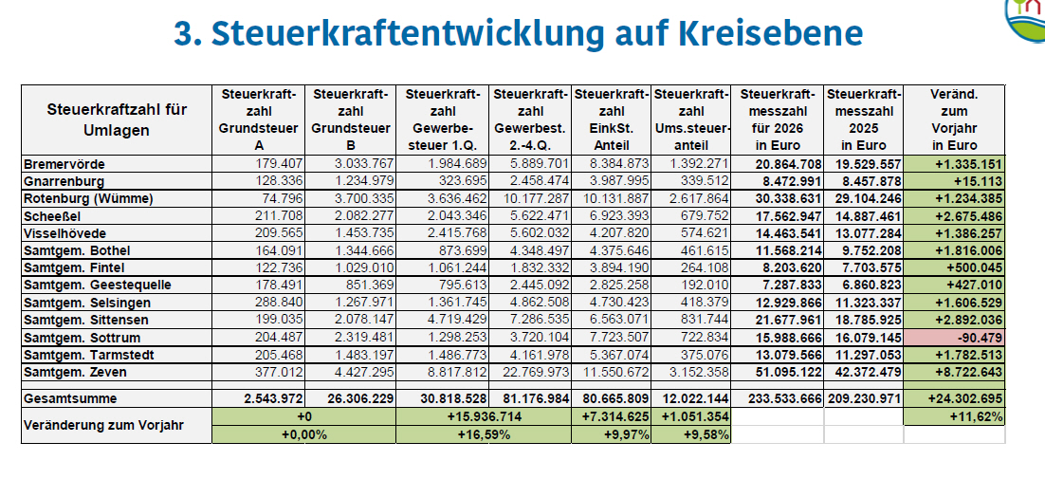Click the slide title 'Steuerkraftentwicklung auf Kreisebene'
pos(518,33)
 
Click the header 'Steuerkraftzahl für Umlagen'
pos(117,120)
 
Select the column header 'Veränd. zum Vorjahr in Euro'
pos(954,120)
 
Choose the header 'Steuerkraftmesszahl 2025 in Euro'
pos(863,120)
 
